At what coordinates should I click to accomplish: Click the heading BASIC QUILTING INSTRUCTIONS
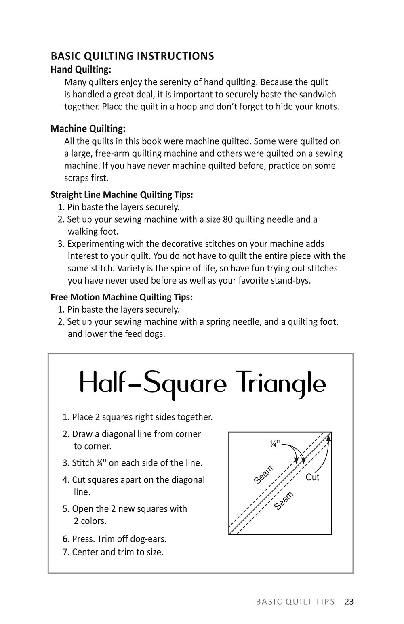[x=132, y=56]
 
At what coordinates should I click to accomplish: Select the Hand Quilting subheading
[x=81, y=70]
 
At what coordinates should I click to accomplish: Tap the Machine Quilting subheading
[x=88, y=129]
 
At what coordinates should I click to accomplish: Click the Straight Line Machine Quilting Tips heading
[x=122, y=195]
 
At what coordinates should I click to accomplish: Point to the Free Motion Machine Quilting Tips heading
[x=122, y=297]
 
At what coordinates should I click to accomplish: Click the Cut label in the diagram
[x=312, y=477]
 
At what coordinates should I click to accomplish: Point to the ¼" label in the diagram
[x=274, y=444]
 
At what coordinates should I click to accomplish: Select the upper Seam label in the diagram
[x=264, y=475]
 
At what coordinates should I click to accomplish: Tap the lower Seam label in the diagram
[x=284, y=501]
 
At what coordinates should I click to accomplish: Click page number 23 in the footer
[x=349, y=602]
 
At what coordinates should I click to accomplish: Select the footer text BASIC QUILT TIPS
[x=295, y=602]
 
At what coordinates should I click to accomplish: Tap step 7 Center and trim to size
[x=113, y=552]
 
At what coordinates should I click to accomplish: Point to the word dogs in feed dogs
[x=155, y=334]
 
